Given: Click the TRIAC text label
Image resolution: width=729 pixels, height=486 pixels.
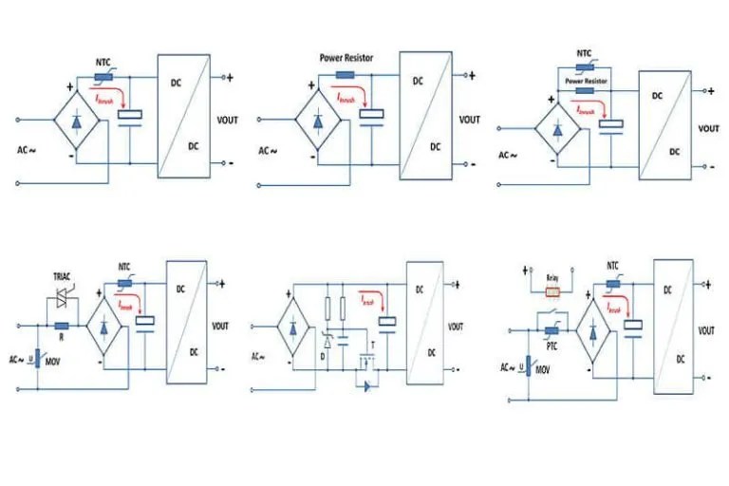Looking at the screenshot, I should (65, 279).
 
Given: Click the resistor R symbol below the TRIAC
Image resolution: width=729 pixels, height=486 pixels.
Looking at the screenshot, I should (61, 325).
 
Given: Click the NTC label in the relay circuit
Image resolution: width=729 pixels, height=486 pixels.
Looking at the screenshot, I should (612, 267).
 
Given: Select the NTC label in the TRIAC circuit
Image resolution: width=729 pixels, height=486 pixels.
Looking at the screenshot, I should (124, 267).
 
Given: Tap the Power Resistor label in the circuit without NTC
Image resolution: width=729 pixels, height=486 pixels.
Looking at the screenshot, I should (346, 57).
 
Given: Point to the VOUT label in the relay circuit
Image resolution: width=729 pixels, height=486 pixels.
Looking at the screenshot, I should (706, 330).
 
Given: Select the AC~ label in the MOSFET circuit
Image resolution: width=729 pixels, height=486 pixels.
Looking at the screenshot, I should (258, 356).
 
